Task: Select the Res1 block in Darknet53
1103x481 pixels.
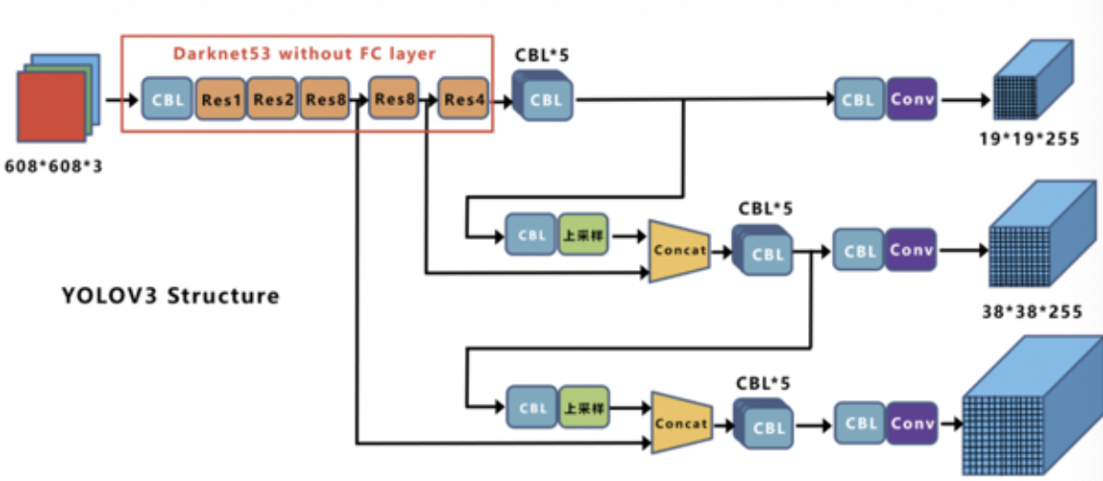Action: (221, 99)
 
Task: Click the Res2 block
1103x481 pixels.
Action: (274, 99)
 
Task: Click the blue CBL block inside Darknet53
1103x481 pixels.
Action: (166, 99)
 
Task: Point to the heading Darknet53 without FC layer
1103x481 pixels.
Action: (304, 53)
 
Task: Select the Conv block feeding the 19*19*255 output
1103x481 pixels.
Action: (912, 99)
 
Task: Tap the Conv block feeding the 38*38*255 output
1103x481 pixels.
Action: (912, 251)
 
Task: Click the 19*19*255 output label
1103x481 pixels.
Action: (1029, 139)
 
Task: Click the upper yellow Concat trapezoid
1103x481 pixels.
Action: (678, 251)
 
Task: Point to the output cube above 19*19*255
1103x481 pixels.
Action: (1034, 86)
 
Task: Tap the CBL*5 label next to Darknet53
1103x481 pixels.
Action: (542, 55)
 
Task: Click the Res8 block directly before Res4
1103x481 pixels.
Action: (393, 99)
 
